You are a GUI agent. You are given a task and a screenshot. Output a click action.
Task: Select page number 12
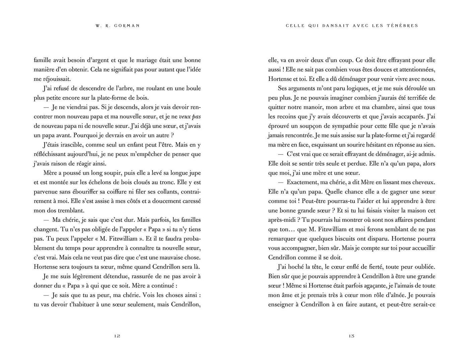point(117,336)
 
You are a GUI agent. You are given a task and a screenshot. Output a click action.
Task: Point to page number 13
point(351,336)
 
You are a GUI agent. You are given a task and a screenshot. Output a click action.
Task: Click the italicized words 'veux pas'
point(192,117)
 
